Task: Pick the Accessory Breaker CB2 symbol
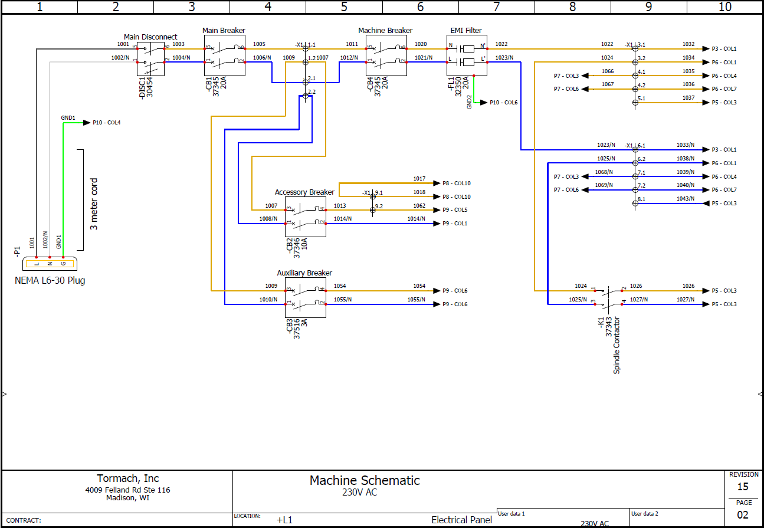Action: (x=306, y=217)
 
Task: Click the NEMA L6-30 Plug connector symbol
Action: (x=50, y=264)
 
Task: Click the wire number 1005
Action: (x=259, y=44)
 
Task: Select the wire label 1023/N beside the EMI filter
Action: (x=504, y=57)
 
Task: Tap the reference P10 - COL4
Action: (x=107, y=123)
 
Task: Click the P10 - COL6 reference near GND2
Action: (x=503, y=103)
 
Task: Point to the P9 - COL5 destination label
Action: (x=455, y=210)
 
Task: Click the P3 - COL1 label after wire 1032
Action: (x=724, y=49)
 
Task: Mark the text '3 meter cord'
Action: (x=94, y=204)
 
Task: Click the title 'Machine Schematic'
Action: (x=365, y=480)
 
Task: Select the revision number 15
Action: (x=743, y=487)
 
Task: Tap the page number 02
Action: (x=743, y=514)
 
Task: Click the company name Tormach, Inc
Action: (x=128, y=478)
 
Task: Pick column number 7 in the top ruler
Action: (x=496, y=7)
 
